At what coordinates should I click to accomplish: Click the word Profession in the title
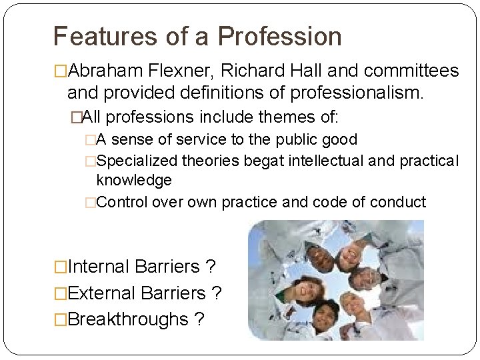pyautogui.click(x=279, y=37)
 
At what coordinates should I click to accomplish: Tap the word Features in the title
pyautogui.click(x=107, y=37)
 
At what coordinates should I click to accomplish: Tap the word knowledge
pyautogui.click(x=134, y=180)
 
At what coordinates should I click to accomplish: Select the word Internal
pyautogui.click(x=99, y=267)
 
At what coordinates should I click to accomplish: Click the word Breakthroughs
pyautogui.click(x=128, y=319)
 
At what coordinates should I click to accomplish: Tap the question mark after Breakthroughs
pyautogui.click(x=199, y=319)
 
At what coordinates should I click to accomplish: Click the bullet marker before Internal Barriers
pyautogui.click(x=61, y=267)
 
